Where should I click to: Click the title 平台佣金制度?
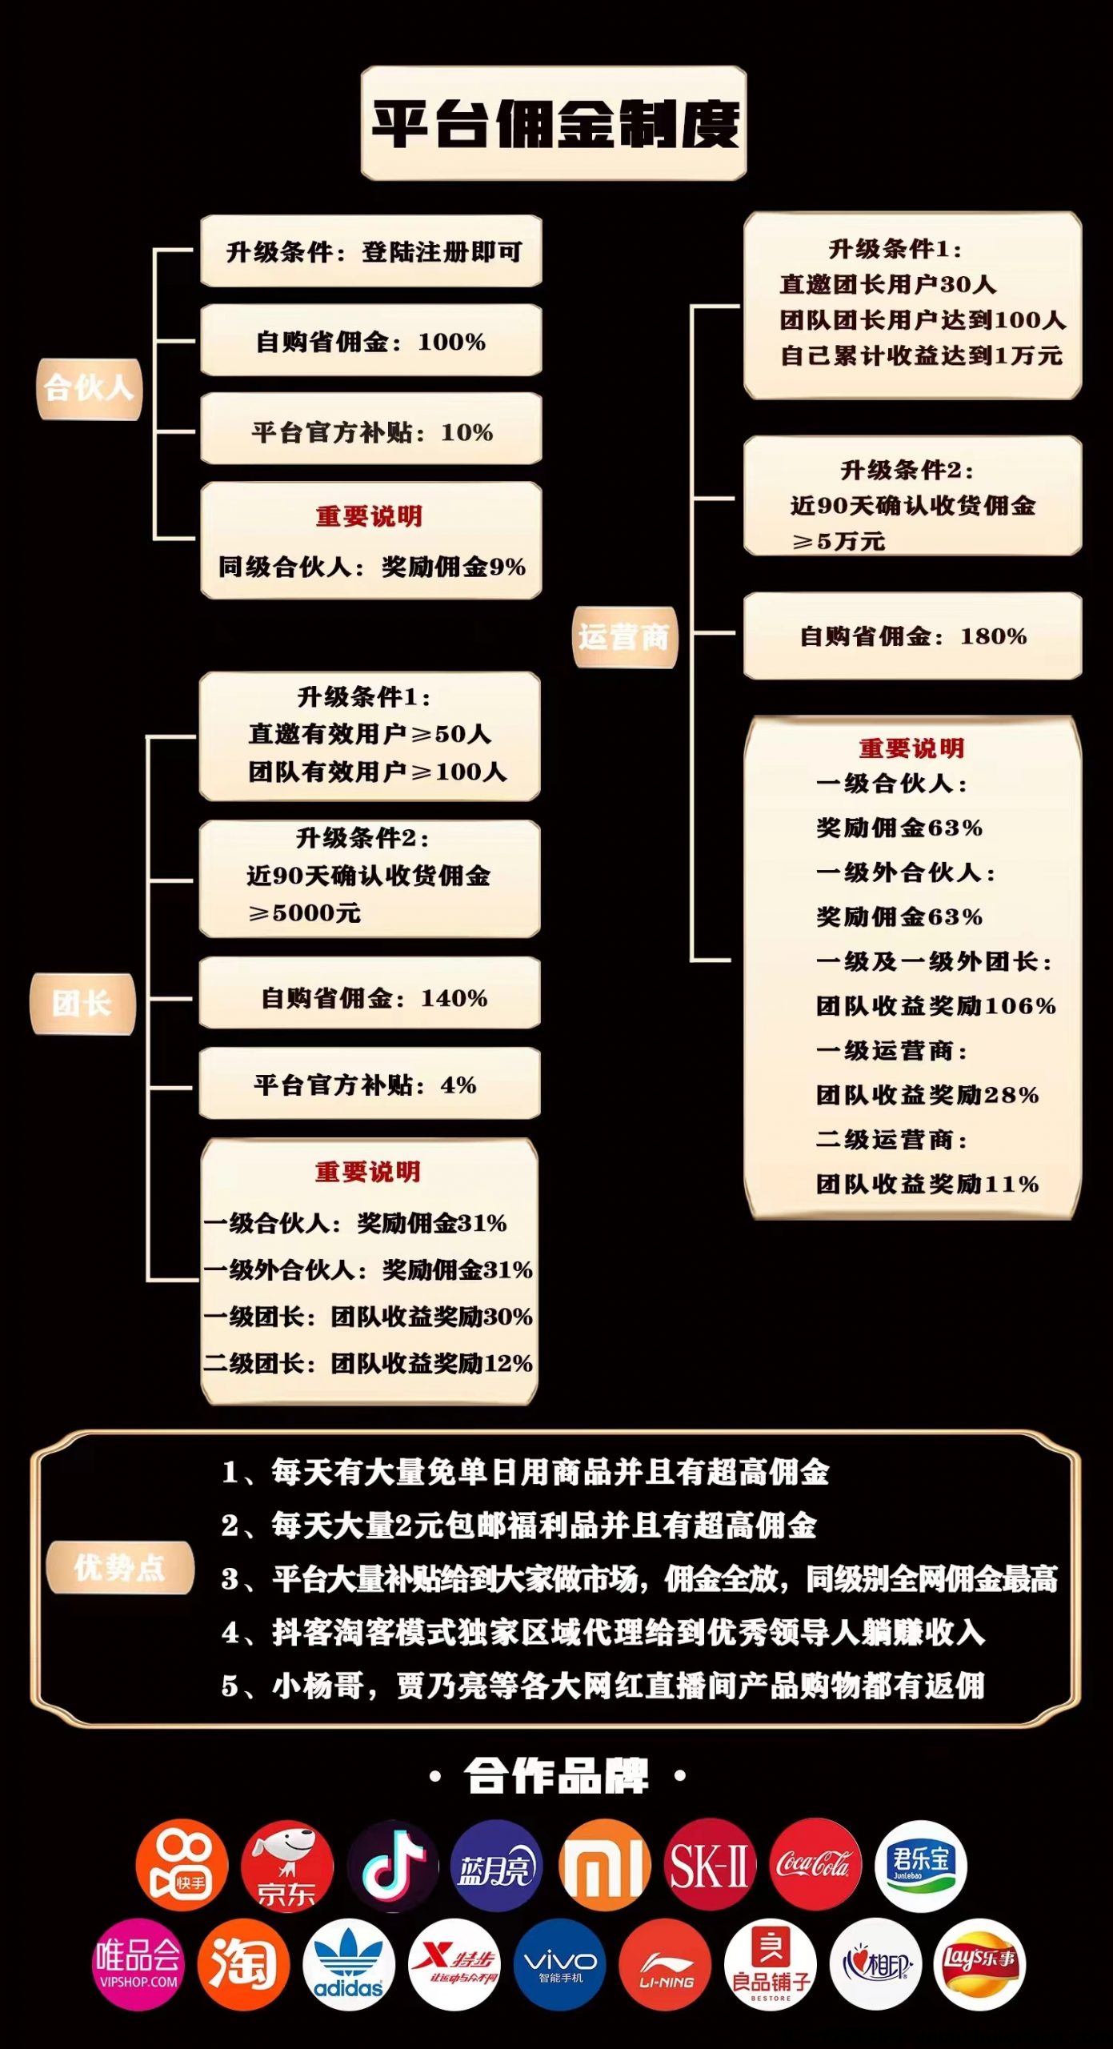554,123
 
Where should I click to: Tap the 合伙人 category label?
89,389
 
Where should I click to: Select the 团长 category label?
82,1004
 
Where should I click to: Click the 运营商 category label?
625,637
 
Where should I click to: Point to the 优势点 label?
120,1567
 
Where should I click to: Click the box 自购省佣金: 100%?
371,341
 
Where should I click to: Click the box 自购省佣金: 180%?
913,636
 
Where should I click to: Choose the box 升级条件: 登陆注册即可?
371,251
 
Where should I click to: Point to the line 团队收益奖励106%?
936,1006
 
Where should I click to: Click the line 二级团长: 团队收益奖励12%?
368,1363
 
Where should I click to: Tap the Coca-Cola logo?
815,1865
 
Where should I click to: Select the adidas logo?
349,1964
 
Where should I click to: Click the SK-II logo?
710,1865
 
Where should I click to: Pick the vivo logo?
559,1964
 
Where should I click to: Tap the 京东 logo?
287,1867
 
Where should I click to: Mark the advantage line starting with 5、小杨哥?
603,1686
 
